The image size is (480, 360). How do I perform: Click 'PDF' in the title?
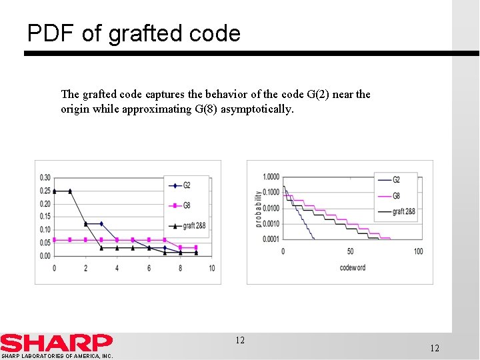pyautogui.click(x=51, y=33)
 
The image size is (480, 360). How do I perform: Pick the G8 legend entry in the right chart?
pyautogui.click(x=396, y=196)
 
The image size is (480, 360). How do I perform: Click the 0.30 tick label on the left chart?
pyautogui.click(x=45, y=177)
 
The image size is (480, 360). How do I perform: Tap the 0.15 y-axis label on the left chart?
pyautogui.click(x=45, y=217)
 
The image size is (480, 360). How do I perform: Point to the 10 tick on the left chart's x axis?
pyautogui.click(x=211, y=269)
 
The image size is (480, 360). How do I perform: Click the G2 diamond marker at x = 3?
pyautogui.click(x=101, y=224)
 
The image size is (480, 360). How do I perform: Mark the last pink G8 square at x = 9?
pyautogui.click(x=195, y=247)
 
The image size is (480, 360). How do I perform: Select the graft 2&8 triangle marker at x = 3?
pyautogui.click(x=101, y=248)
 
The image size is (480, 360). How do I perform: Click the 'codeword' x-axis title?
pyautogui.click(x=352, y=268)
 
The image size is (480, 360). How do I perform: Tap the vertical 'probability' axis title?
pyautogui.click(x=259, y=209)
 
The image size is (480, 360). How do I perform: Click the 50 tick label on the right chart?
pyautogui.click(x=351, y=251)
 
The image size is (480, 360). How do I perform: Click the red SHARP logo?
pyautogui.click(x=57, y=343)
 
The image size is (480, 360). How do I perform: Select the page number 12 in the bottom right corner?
pyautogui.click(x=435, y=349)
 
